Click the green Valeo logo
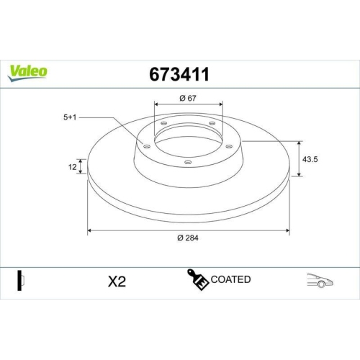pos(28,71)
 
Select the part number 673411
pos(179,73)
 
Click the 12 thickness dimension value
pos(73,166)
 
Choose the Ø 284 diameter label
pos(189,239)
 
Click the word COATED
pos(231,279)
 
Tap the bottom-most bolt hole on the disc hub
pos(189,162)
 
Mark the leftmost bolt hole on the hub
pos(148,146)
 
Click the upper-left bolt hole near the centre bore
pos(163,124)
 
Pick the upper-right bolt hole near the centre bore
pos(214,124)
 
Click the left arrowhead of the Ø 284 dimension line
pos(90,230)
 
